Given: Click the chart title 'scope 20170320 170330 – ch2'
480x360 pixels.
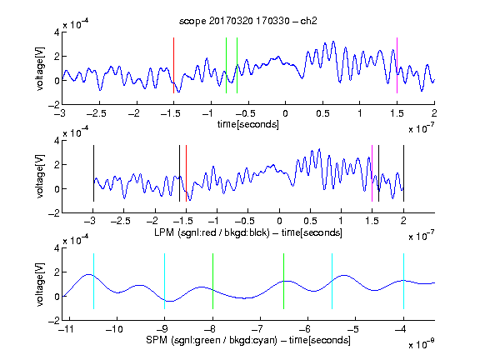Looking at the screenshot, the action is coord(248,21).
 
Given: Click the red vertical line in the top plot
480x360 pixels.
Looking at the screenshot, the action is coord(173,65).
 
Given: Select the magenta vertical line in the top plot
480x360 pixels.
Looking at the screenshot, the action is coord(397,65).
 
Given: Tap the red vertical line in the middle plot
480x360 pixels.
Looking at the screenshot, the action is coord(186,173).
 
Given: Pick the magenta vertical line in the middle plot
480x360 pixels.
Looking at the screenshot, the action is coord(372,173).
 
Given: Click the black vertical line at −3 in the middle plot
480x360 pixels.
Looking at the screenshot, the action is coord(93,173).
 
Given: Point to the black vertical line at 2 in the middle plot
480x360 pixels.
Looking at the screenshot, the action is coord(403,173).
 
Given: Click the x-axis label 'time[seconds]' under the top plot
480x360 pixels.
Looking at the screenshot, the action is coord(248,124).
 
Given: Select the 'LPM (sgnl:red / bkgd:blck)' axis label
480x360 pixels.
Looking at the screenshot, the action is coord(212,232).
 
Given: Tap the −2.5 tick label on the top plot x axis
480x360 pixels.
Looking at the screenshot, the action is coord(96,114).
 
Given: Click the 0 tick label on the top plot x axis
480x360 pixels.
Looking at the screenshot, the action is coord(285,114).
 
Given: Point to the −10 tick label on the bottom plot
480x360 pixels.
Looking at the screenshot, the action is coord(114,329).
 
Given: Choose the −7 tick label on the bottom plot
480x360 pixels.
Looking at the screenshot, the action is coord(259,329).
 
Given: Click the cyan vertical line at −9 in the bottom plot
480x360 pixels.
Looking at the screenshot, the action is coord(164,282).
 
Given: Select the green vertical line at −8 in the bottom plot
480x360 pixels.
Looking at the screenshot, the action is coord(212,282).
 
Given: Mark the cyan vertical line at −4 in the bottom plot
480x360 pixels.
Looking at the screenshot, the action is coord(403,282).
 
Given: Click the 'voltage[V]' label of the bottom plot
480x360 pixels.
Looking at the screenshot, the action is coord(40,284).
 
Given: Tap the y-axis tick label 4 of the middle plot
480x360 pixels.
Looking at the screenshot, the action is coord(57,141).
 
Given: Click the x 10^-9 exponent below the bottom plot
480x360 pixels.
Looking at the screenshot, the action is coord(422,344).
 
